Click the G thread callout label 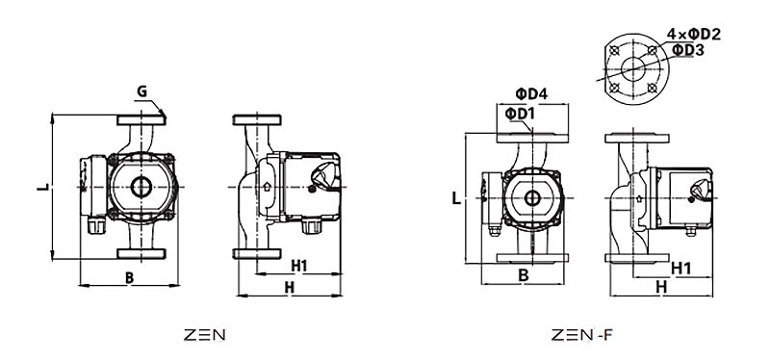[141, 91]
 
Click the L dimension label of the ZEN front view [43, 187]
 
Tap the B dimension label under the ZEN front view [129, 277]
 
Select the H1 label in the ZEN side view [299, 266]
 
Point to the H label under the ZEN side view [290, 288]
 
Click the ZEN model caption [205, 335]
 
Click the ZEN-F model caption [582, 335]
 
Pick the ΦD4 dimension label [531, 93]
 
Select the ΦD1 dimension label [520, 114]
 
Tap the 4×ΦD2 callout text [694, 35]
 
